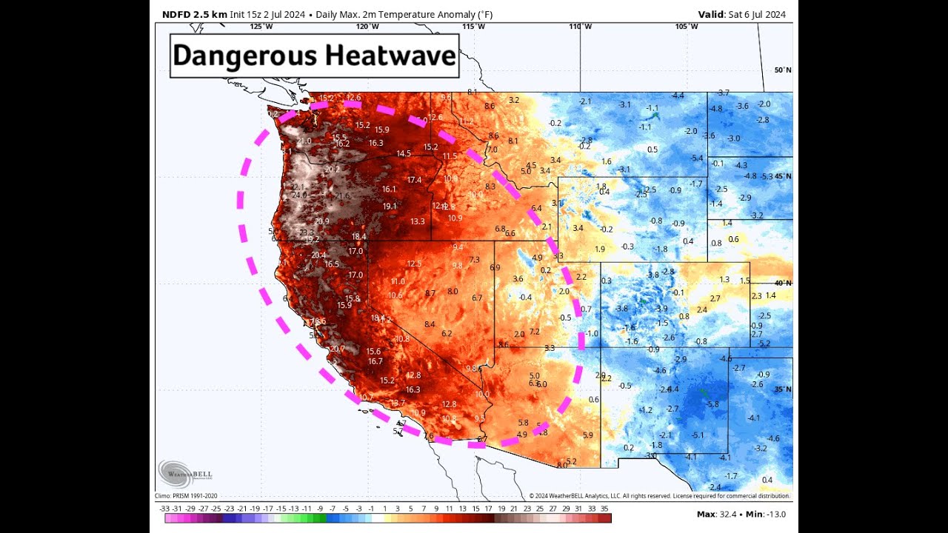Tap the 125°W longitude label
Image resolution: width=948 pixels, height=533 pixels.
tap(261, 27)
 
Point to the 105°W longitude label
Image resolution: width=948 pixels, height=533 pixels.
tap(686, 27)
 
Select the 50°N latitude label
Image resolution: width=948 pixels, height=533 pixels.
tap(783, 70)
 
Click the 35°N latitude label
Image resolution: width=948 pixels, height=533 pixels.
tap(783, 389)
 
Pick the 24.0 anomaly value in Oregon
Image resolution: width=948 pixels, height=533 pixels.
tap(298, 195)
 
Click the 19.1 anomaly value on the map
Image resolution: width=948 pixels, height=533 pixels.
tap(390, 207)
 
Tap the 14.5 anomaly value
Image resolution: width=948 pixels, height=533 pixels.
tap(404, 154)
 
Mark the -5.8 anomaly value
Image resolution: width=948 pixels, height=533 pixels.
tap(712, 404)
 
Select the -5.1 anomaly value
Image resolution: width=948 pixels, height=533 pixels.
tap(698, 435)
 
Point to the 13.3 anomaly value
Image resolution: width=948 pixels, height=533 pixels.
tap(417, 221)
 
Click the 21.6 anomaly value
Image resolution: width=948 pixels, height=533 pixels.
tap(342, 196)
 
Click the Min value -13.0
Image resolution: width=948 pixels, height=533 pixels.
tap(773, 514)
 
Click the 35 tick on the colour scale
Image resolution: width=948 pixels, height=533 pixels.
tap(605, 509)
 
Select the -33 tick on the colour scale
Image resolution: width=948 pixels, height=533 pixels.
tap(165, 509)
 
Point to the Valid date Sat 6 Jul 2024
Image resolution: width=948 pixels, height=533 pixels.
tap(742, 14)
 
